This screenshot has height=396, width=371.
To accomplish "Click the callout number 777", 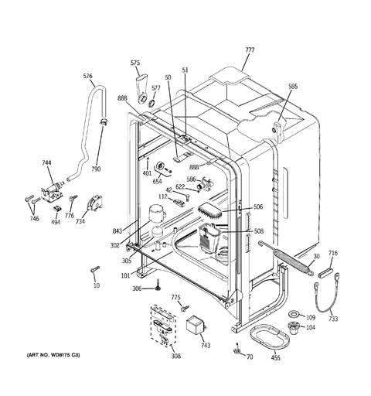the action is (x=250, y=49).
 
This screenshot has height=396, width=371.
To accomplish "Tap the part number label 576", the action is (x=87, y=76).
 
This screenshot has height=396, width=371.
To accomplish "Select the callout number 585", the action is (x=293, y=86).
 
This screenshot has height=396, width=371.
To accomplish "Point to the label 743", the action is (x=206, y=345).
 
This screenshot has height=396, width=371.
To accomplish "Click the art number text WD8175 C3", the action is (x=65, y=355).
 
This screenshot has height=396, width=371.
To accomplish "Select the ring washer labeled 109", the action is (x=293, y=314).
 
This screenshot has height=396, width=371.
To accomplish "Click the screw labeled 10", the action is (x=95, y=269).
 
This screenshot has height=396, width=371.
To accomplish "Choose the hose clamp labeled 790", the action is (x=104, y=121).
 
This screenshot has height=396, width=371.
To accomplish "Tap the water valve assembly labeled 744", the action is (x=53, y=193).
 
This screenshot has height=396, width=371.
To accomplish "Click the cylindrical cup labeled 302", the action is (x=156, y=213).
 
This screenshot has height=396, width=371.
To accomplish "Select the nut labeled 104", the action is (x=294, y=328).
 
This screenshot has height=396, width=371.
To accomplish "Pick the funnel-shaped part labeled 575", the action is (x=141, y=89).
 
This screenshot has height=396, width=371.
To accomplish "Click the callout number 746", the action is (x=34, y=219).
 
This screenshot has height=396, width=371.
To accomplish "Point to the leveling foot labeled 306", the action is (x=157, y=285).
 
